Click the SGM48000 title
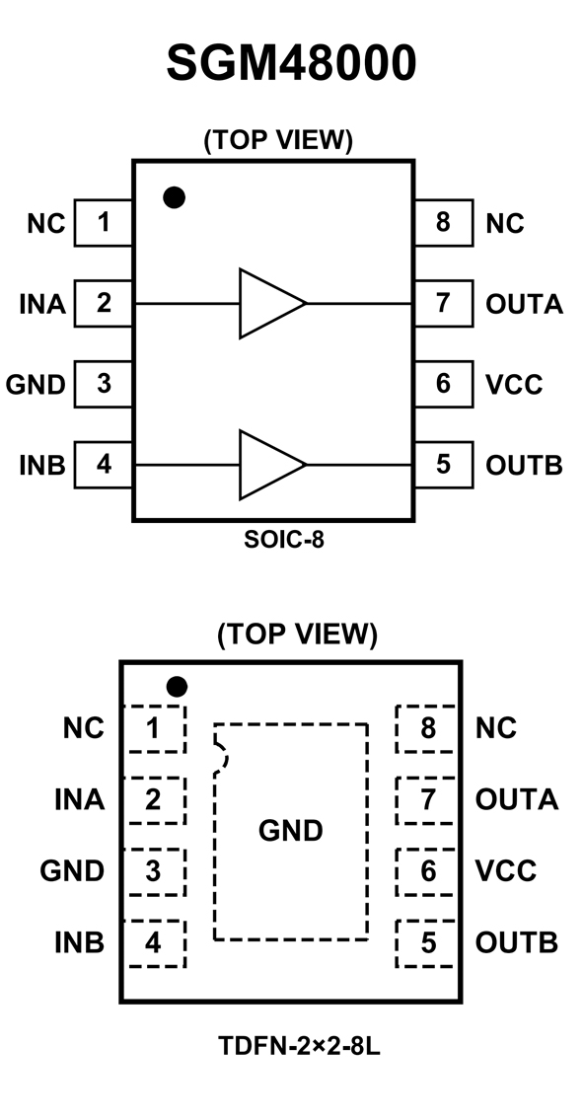291,63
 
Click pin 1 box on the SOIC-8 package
104,223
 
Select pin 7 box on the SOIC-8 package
443,303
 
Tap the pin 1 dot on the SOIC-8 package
175,197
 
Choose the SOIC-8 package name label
284,540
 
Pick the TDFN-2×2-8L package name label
299,1047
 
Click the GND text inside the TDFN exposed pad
291,831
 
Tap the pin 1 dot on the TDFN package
178,687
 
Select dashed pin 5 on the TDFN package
426,943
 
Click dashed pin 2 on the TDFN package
155,800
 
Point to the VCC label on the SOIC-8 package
514,384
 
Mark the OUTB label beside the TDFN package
517,943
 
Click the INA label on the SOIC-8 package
42,304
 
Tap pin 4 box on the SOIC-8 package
104,465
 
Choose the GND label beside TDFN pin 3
71,871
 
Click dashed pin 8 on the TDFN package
426,729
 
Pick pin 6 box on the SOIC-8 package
443,384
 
